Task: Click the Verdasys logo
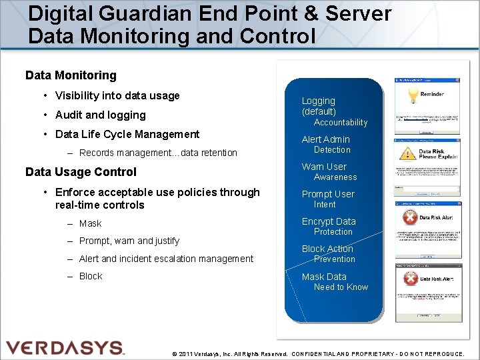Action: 65,347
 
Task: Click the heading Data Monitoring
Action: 71,75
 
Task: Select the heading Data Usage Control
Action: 81,171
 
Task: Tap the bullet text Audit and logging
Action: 100,115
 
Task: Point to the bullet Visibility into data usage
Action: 117,95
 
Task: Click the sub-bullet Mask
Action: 90,223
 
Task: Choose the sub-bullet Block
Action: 91,276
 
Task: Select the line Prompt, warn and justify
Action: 129,241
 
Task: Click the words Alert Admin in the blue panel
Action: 325,139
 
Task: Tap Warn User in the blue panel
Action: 324,167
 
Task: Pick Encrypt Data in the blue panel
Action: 329,221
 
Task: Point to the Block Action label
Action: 327,249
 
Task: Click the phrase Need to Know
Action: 341,287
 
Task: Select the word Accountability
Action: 341,123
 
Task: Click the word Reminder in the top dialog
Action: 432,94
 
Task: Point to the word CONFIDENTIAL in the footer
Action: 321,354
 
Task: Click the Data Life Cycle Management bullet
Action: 127,134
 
